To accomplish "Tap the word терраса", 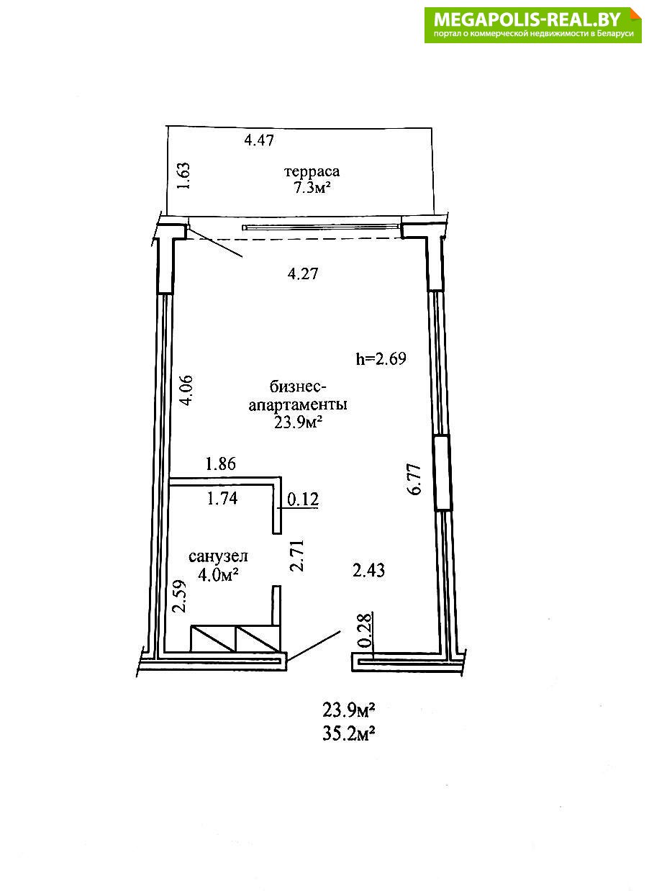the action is [x=312, y=172].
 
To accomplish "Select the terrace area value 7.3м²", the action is [x=312, y=188].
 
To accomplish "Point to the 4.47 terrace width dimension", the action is [x=259, y=140].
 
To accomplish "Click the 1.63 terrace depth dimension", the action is [x=184, y=176].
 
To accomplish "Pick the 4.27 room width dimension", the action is [x=303, y=274].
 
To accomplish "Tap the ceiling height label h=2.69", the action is [x=381, y=359].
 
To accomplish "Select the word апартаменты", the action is [x=298, y=405].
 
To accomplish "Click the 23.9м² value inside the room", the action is [x=297, y=422].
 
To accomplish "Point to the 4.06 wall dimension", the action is [x=186, y=390].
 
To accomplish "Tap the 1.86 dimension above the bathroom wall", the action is [x=221, y=463].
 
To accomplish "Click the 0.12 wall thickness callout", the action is [x=303, y=499].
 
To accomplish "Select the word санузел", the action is [x=218, y=556].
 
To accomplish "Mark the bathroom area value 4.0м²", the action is [x=218, y=574].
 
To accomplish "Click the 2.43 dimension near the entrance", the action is [x=368, y=571].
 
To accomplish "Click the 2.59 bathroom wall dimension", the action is [x=179, y=597].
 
